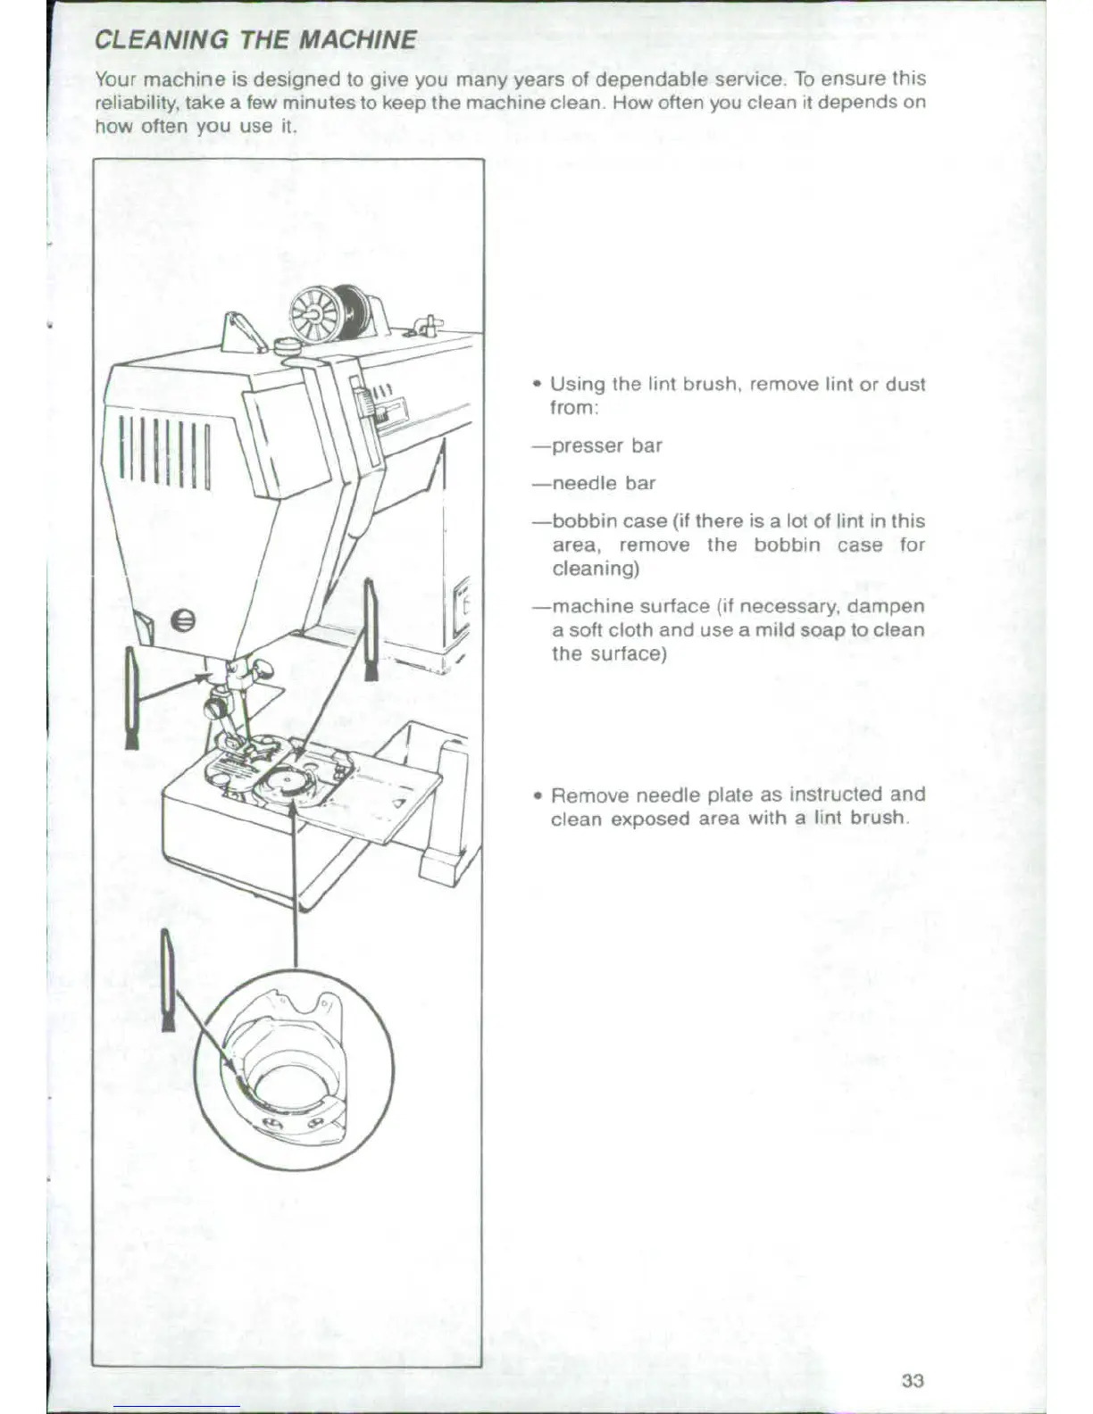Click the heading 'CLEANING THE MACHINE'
(x=255, y=40)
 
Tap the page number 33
(x=912, y=1381)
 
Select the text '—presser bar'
(x=597, y=445)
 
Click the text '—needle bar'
(x=594, y=483)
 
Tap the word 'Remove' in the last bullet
(x=589, y=794)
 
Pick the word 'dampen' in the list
(x=885, y=606)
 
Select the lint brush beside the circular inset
(x=167, y=979)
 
